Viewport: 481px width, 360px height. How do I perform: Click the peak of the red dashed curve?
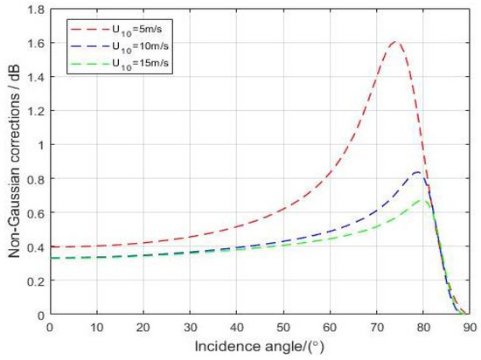click(x=395, y=42)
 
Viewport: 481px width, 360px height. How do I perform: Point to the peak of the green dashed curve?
click(x=422, y=200)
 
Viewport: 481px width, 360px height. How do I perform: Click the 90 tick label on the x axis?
click(x=470, y=327)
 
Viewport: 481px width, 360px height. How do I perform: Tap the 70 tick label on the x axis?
click(x=376, y=327)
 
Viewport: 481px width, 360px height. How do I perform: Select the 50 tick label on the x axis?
click(x=282, y=327)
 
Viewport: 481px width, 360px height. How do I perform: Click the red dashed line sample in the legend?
click(x=87, y=28)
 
